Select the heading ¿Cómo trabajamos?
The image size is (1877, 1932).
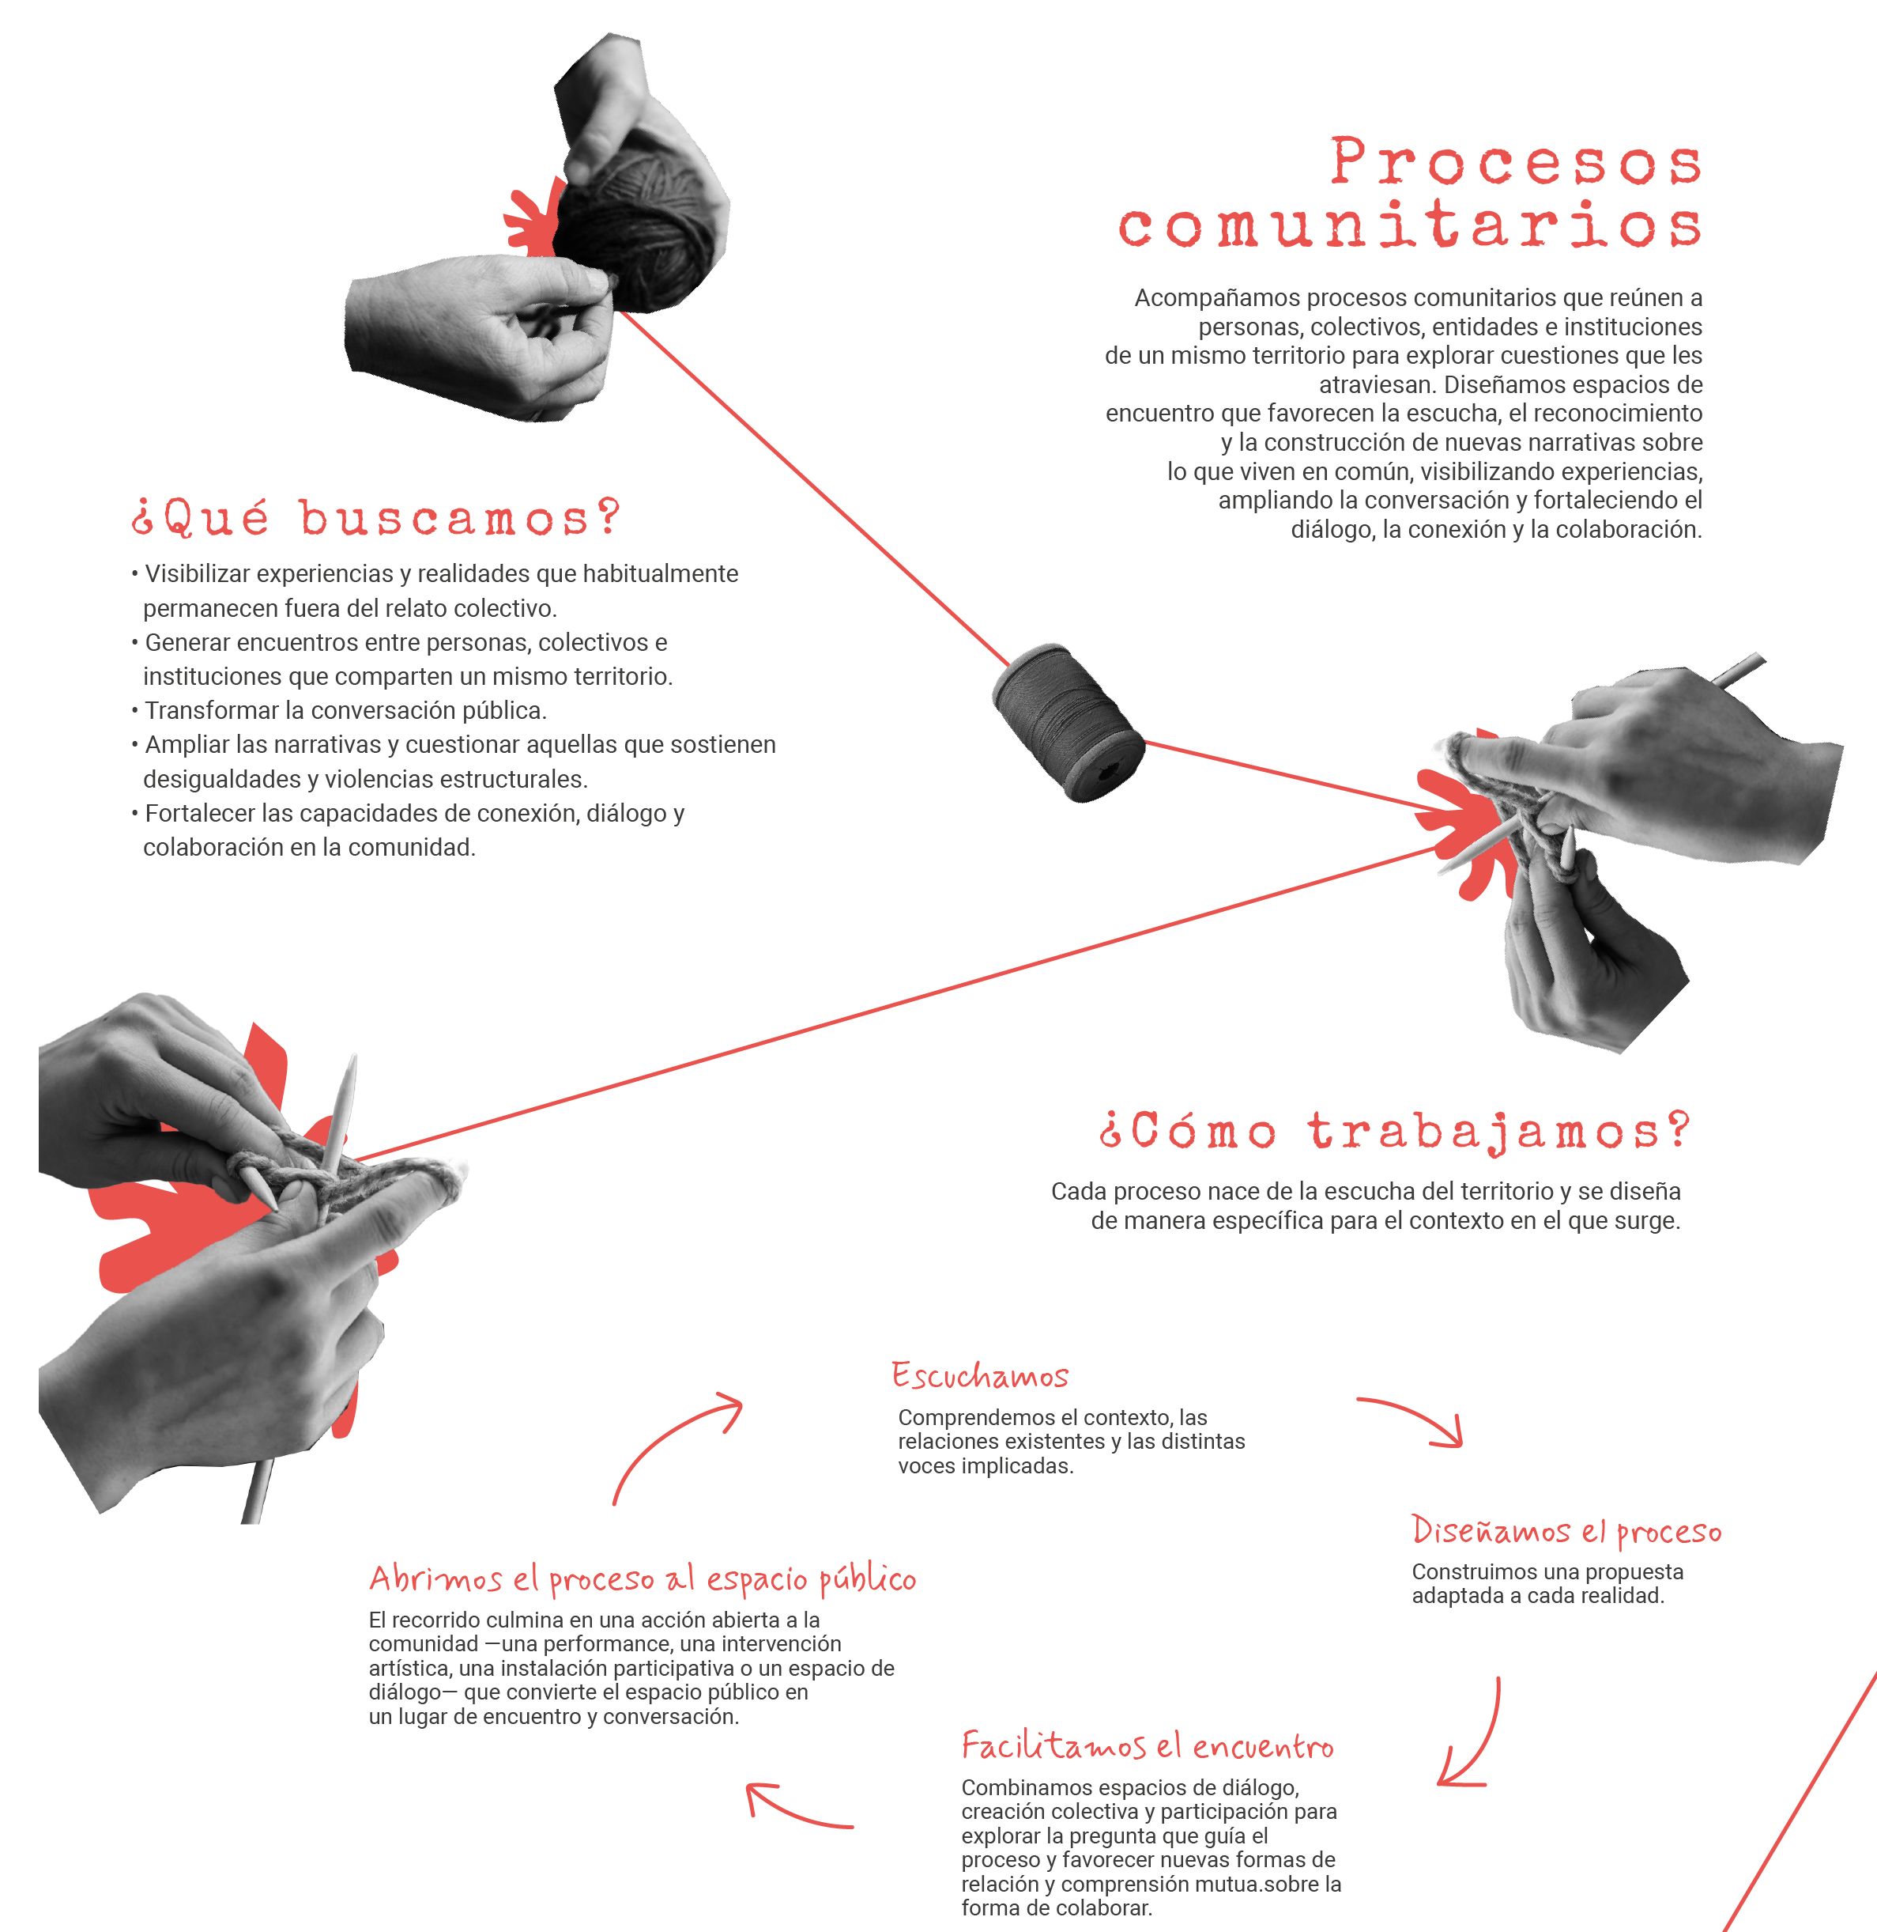pos(1395,1131)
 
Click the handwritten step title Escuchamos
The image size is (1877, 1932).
pos(980,1374)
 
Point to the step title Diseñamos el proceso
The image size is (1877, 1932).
pos(1566,1530)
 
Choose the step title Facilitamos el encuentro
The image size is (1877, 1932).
pos(1148,1745)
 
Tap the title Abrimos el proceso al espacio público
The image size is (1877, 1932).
pos(643,1578)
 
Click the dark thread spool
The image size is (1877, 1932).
pos(1069,722)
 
